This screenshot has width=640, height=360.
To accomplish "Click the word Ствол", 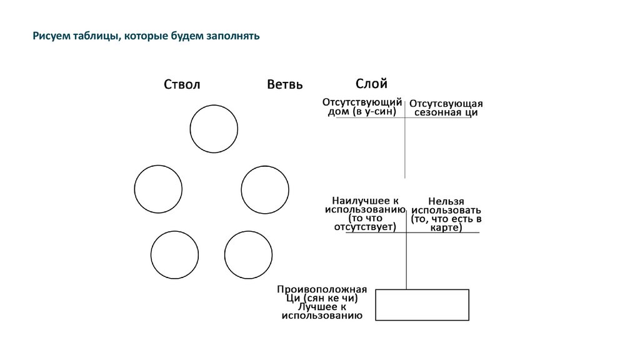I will pos(182,85).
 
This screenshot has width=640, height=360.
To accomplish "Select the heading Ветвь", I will pos(284,85).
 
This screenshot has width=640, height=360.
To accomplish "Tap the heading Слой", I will pos(371,84).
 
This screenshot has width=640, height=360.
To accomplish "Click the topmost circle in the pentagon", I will pos(214,129).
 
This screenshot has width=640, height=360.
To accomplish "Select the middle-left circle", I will pos(158,189).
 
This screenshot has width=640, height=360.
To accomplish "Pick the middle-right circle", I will pos(265,189).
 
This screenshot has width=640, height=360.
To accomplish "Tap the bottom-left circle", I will pos(174,254).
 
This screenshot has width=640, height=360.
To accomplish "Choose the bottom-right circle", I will pos(248,254).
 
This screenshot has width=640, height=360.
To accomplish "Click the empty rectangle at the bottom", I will pos(422,305).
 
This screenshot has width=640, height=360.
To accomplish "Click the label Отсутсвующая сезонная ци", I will pos(446,108).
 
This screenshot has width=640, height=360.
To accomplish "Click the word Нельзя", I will pos(446,201).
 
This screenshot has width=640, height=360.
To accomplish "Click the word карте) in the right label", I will pos(446,228).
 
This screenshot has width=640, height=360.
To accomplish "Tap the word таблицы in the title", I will pos(95,37).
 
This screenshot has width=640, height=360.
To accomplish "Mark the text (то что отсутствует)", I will pos(365,222).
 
